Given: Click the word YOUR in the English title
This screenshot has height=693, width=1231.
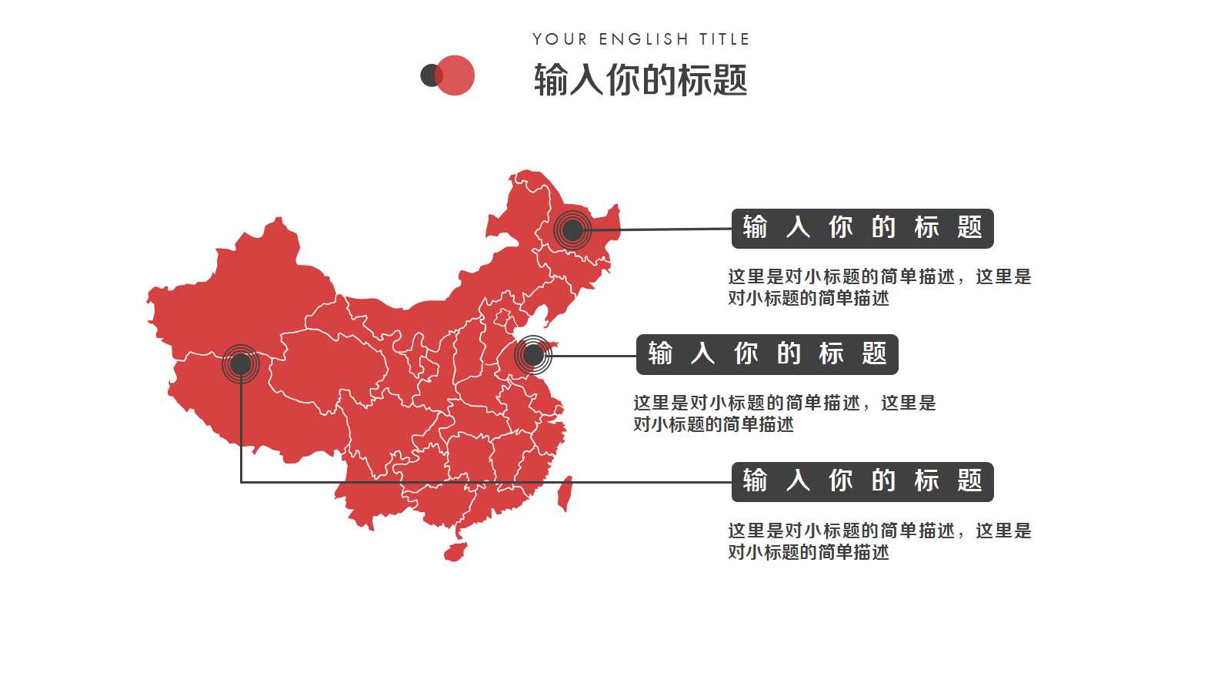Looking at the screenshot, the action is [x=559, y=39].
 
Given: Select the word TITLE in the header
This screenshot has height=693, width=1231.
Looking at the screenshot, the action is [x=724, y=39].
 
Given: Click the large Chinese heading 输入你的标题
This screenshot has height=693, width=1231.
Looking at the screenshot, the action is [x=640, y=79].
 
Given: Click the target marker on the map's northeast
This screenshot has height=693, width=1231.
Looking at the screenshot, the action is [x=572, y=229].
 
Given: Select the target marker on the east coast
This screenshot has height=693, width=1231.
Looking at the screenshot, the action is [x=533, y=355].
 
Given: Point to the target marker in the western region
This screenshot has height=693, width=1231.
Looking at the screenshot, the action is [x=241, y=363].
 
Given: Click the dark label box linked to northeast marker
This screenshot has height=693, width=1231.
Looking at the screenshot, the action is [x=862, y=228].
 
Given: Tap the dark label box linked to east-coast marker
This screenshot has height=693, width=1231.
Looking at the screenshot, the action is [x=767, y=354].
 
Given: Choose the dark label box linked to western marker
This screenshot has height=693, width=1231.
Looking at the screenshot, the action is [x=862, y=481].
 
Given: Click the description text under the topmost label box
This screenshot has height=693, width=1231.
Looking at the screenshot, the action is [x=879, y=287].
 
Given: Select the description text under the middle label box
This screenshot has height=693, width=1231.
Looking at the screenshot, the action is [x=784, y=413].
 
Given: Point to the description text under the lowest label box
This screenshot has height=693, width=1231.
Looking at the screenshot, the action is [x=879, y=541].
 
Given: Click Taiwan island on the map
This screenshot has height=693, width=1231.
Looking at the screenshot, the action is [x=565, y=493].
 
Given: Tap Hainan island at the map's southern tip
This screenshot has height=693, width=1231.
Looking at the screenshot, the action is [x=455, y=552].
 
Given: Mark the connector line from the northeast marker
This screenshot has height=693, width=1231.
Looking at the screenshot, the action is [x=662, y=229].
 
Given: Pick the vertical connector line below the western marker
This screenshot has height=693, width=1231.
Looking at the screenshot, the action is [x=241, y=431].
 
